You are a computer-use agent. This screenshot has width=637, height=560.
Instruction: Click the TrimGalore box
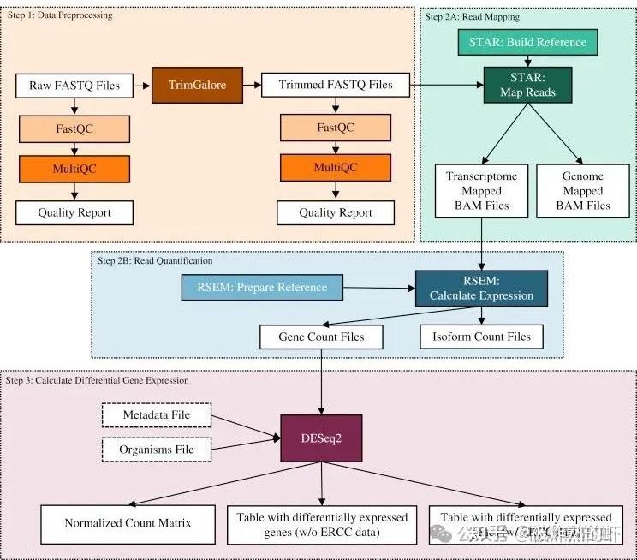[x=193, y=86]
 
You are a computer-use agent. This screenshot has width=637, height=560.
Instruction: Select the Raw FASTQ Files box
[x=74, y=86]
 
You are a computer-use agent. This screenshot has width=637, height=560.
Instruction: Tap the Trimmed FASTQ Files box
[x=336, y=86]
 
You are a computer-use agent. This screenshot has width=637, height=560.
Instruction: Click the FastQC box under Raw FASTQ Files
[x=74, y=128]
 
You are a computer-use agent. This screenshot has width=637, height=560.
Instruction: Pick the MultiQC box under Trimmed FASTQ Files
[x=336, y=167]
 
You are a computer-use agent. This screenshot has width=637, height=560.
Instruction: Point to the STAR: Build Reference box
[x=527, y=42]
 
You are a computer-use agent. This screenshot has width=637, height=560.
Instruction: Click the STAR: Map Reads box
[x=527, y=84]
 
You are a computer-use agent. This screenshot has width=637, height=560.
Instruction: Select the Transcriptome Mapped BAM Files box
[x=482, y=191]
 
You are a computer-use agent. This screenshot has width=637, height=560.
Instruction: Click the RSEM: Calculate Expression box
[x=481, y=288]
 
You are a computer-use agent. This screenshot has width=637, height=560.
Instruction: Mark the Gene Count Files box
[x=321, y=337]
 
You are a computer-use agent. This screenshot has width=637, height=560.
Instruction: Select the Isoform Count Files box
[x=481, y=337]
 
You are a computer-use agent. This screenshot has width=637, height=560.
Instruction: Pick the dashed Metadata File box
[x=156, y=415]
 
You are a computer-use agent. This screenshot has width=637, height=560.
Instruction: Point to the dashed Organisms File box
[x=156, y=450]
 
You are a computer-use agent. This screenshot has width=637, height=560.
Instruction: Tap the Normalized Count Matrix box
[x=128, y=523]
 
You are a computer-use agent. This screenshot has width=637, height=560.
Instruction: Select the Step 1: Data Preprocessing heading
[x=60, y=15]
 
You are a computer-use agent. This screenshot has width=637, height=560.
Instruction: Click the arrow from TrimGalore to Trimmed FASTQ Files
[x=248, y=86]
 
